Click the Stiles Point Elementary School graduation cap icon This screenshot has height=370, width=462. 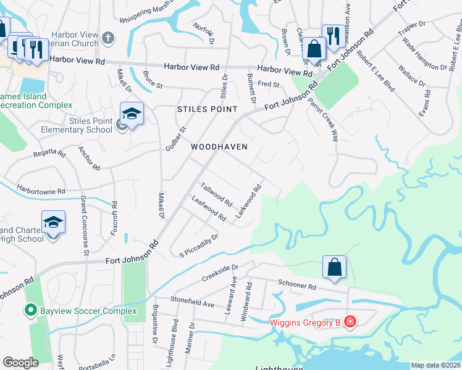click(132, 114)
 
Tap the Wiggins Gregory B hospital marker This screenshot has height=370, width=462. click(350, 321)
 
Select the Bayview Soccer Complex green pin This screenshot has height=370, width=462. click(29, 310)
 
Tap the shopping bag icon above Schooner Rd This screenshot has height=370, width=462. click(334, 268)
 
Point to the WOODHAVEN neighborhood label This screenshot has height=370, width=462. click(219, 147)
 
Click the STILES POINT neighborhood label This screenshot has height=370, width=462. click(207, 109)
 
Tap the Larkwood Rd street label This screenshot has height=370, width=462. click(250, 200)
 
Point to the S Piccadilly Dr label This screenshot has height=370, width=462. click(199, 244)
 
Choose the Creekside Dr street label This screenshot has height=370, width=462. click(220, 271)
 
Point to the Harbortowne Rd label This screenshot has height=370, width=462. click(41, 191)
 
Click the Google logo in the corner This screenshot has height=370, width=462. click(20, 363)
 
